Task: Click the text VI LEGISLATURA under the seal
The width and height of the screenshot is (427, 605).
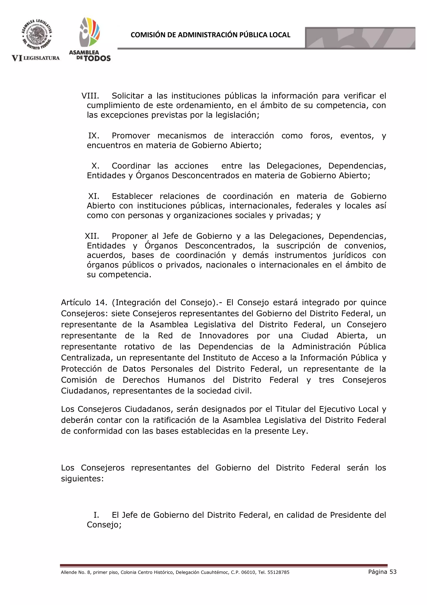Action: tap(36, 58)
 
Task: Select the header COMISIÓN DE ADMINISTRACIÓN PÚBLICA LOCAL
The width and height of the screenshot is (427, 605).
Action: tap(210, 35)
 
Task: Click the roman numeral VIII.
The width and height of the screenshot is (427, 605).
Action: tap(90, 96)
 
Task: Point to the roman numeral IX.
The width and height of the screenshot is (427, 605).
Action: tap(94, 136)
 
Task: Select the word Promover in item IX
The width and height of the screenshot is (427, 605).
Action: tap(131, 136)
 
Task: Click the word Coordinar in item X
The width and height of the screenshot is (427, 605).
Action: tap(131, 166)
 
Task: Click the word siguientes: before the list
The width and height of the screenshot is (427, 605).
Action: tap(82, 478)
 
